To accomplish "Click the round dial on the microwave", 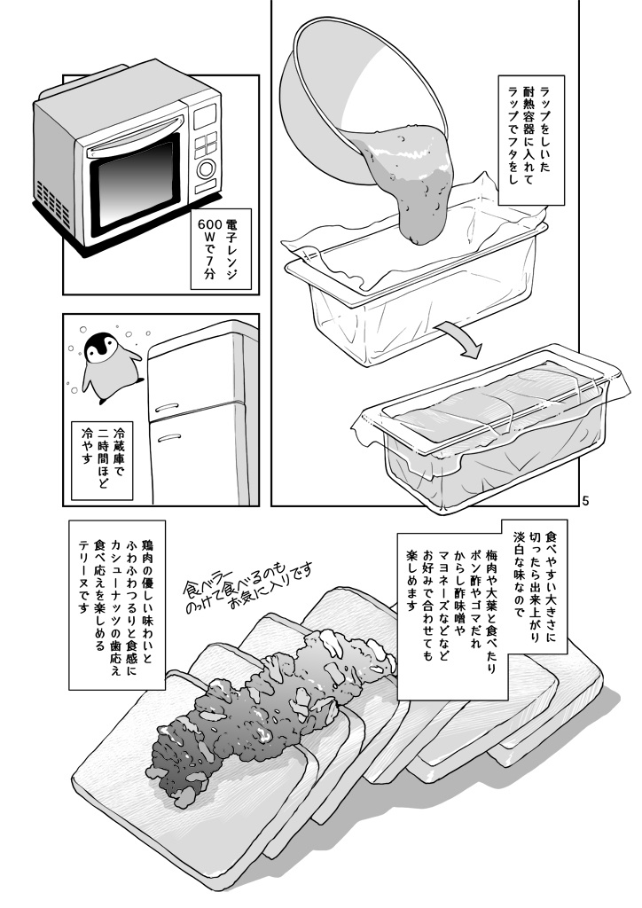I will click(x=207, y=169).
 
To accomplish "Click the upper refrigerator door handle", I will click(x=172, y=406).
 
